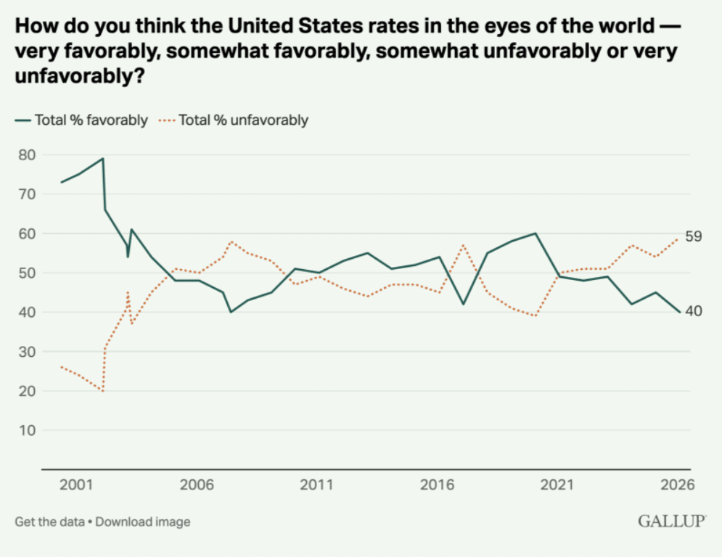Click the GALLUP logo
tap(672, 521)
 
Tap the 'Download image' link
tap(143, 521)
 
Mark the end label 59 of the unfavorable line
tap(694, 236)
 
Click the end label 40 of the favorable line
tap(694, 311)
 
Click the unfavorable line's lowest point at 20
tap(103, 391)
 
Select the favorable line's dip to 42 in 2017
tap(463, 304)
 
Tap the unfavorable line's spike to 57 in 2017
tap(463, 245)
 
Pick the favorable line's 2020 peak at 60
tap(536, 234)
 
